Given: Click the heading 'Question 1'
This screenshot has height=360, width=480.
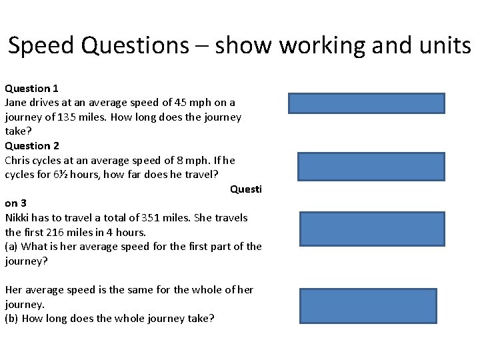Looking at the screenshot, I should pos(32,88).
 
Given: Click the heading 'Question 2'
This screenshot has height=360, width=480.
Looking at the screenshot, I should pos(32,145).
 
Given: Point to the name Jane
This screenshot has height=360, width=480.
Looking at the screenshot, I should pos(16,103).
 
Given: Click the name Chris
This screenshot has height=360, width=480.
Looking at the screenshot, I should pos(17,160).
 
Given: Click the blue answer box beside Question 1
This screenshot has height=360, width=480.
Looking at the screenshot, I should pos(366,103).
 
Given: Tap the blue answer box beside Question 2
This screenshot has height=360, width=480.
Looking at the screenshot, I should pos(371,167).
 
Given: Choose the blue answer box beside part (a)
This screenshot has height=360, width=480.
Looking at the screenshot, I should pos(372,229).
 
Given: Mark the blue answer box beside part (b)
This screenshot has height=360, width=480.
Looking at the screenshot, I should pos(368,306).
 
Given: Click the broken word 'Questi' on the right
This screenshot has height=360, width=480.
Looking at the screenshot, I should pos(246,189).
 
